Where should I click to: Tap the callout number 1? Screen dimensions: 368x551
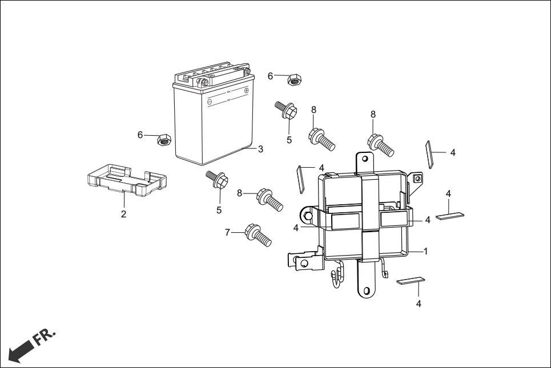coord(425,251)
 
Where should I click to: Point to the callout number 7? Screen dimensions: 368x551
coord(227,233)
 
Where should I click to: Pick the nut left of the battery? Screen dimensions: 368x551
coord(163,139)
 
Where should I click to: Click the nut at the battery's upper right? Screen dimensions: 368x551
coord(295,80)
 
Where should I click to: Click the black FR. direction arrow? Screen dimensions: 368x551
coord(19,349)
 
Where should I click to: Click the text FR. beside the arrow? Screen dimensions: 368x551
coord(45,337)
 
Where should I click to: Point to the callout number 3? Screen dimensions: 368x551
coord(260,149)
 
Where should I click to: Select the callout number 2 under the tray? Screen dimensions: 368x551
coord(123,215)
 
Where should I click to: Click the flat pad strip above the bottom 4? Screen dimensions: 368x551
coord(411,280)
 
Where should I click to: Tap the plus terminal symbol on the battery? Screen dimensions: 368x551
coord(247,90)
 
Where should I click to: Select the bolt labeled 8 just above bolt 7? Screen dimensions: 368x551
coord(270,199)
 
